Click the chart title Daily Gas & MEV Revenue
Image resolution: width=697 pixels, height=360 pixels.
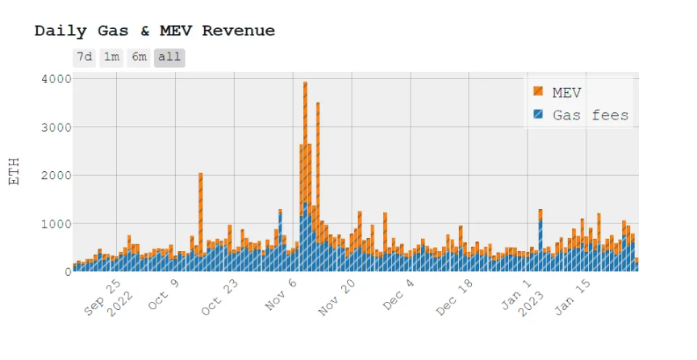pyautogui.click(x=154, y=31)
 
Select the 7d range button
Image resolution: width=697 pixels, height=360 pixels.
pyautogui.click(x=84, y=57)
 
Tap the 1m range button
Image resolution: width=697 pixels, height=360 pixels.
pyautogui.click(x=111, y=57)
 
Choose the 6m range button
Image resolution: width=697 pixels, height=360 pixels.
pyautogui.click(x=140, y=57)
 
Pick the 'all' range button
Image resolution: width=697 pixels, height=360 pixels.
pyautogui.click(x=169, y=57)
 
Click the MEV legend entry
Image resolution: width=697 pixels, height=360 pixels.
pyautogui.click(x=566, y=93)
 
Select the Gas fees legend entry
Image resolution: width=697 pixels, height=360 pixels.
pyautogui.click(x=590, y=115)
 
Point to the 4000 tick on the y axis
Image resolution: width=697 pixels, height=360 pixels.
pyautogui.click(x=55, y=78)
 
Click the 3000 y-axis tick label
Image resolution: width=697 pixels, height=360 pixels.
pyautogui.click(x=55, y=127)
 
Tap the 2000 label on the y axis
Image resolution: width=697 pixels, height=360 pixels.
pyautogui.click(x=55, y=175)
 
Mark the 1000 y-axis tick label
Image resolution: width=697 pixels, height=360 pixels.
pyautogui.click(x=55, y=224)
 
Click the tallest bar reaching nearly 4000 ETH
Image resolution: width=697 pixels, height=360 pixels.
pyautogui.click(x=305, y=161)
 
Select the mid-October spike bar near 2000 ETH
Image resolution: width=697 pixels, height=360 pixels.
pyautogui.click(x=200, y=210)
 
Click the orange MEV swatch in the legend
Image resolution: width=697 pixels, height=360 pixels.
pyautogui.click(x=538, y=93)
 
